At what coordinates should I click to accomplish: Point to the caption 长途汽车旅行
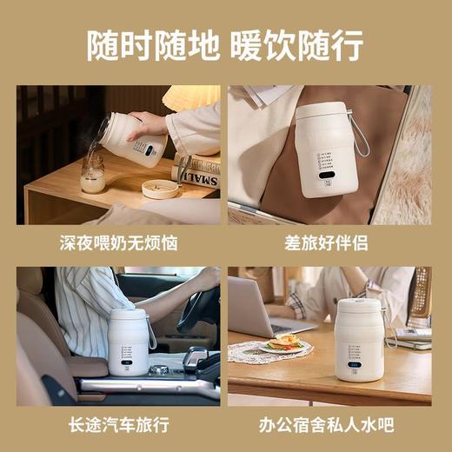(117, 426)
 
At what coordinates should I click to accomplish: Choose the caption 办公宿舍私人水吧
(330, 426)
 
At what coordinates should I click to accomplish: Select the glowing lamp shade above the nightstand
(196, 94)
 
